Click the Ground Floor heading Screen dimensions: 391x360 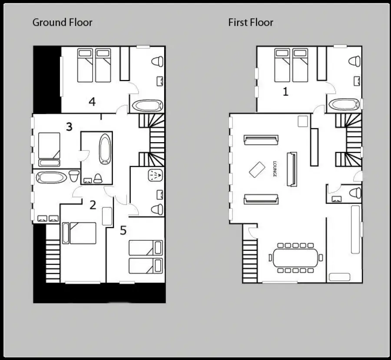coord(62,23)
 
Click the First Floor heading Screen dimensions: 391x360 coord(251,23)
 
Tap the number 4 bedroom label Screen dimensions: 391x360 coord(92,102)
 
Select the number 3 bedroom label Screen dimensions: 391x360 coord(69,127)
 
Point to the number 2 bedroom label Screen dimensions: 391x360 coord(93,205)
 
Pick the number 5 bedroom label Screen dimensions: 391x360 coord(123,230)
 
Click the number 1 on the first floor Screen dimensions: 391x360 coord(285,92)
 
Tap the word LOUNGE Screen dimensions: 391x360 coord(275,169)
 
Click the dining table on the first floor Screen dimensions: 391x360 coord(295,257)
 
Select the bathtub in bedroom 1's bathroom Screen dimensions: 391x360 coord(344,104)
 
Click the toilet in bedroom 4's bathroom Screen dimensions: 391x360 coord(158,61)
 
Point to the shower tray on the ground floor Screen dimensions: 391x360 coord(155,175)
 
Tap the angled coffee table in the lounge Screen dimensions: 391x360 coord(257,170)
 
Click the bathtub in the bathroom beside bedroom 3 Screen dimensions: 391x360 coord(105,149)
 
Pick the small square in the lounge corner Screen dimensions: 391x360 coord(303,121)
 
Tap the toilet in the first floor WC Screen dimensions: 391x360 coord(355,193)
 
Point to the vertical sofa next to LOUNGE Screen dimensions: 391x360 coord(292,169)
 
